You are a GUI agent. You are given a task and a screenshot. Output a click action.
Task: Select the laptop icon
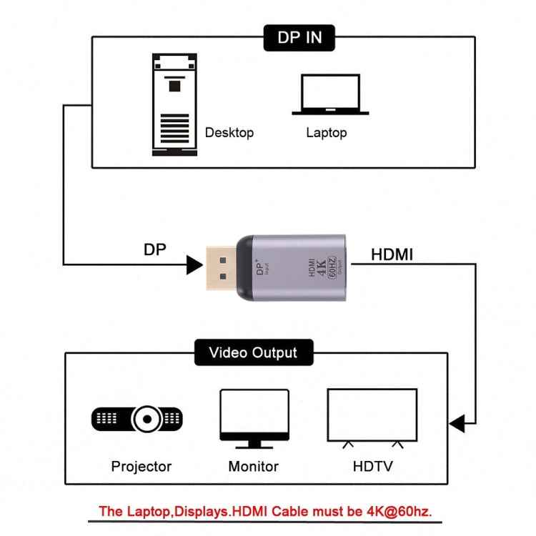pyautogui.click(x=330, y=94)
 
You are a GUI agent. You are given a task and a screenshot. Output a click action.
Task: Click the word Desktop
pyautogui.click(x=229, y=132)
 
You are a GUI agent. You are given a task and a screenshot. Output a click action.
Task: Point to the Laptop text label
pyautogui.click(x=327, y=132)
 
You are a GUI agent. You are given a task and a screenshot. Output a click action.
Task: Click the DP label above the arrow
pyautogui.click(x=156, y=249)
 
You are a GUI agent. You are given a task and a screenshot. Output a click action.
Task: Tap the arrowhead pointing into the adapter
pyautogui.click(x=194, y=264)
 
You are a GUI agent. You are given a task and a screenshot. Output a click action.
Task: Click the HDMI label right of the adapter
pyautogui.click(x=392, y=254)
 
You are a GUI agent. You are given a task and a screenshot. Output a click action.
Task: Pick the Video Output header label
pyautogui.click(x=252, y=352)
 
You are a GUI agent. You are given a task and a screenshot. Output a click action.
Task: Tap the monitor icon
pyautogui.click(x=254, y=418)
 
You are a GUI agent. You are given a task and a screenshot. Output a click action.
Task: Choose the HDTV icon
pyautogui.click(x=372, y=418)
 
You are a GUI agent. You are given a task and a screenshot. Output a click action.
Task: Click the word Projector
pyautogui.click(x=142, y=467)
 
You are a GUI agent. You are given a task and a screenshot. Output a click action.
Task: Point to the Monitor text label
pyautogui.click(x=254, y=467)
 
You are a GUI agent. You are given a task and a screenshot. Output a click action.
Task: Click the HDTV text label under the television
pyautogui.click(x=372, y=467)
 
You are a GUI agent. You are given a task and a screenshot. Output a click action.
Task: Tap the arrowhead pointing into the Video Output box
pyautogui.click(x=457, y=423)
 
